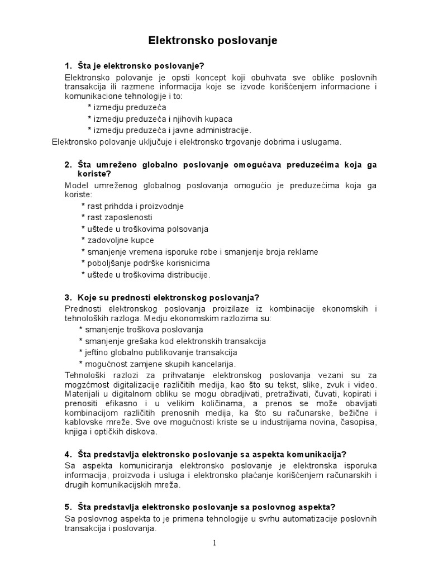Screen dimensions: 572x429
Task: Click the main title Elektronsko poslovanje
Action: pos(212,41)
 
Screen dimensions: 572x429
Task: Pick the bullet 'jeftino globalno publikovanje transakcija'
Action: pos(158,352)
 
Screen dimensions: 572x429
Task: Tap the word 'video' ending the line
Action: pos(365,388)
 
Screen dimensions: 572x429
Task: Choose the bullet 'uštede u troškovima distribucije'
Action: pos(145,274)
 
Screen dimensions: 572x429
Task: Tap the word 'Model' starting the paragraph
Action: pos(76,185)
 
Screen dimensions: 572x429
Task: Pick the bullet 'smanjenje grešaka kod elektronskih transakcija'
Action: pos(173,341)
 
